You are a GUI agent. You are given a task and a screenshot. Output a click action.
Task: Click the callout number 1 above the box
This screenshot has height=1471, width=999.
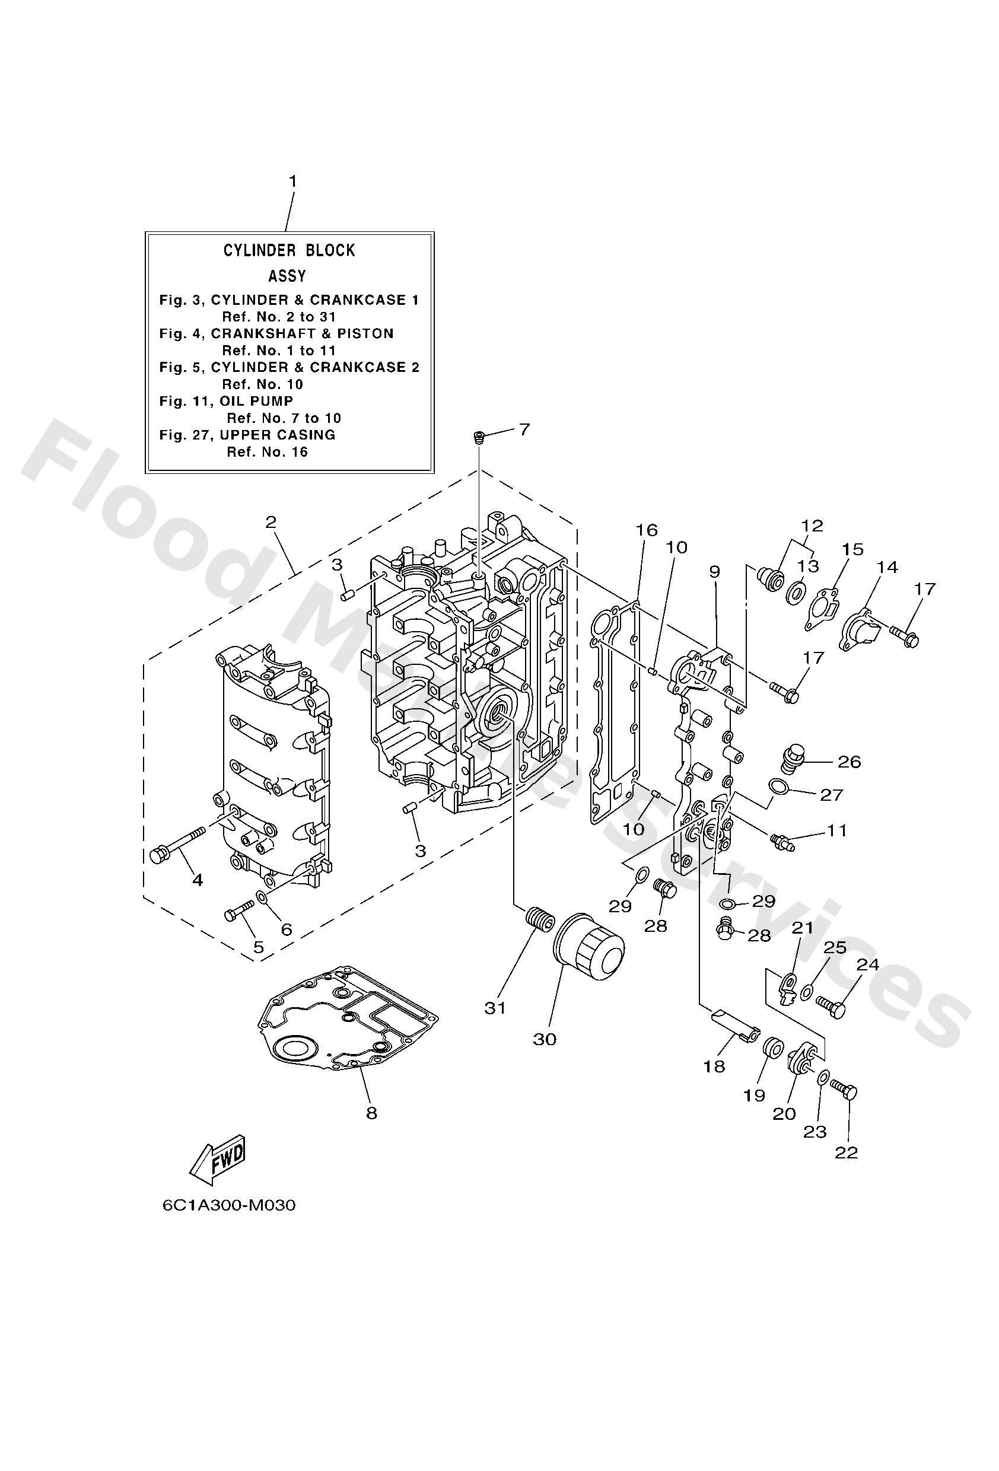[x=292, y=182]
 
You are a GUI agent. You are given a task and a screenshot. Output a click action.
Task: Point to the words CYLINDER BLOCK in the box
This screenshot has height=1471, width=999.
[x=289, y=251]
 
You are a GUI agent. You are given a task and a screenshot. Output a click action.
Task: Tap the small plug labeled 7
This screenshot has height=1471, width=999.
[x=479, y=437]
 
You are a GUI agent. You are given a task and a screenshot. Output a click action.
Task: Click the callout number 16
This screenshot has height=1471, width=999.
[x=647, y=530]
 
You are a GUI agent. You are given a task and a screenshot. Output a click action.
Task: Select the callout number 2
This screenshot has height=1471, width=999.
[x=271, y=522]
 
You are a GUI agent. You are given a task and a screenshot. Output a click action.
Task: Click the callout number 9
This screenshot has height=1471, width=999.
[x=714, y=572]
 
